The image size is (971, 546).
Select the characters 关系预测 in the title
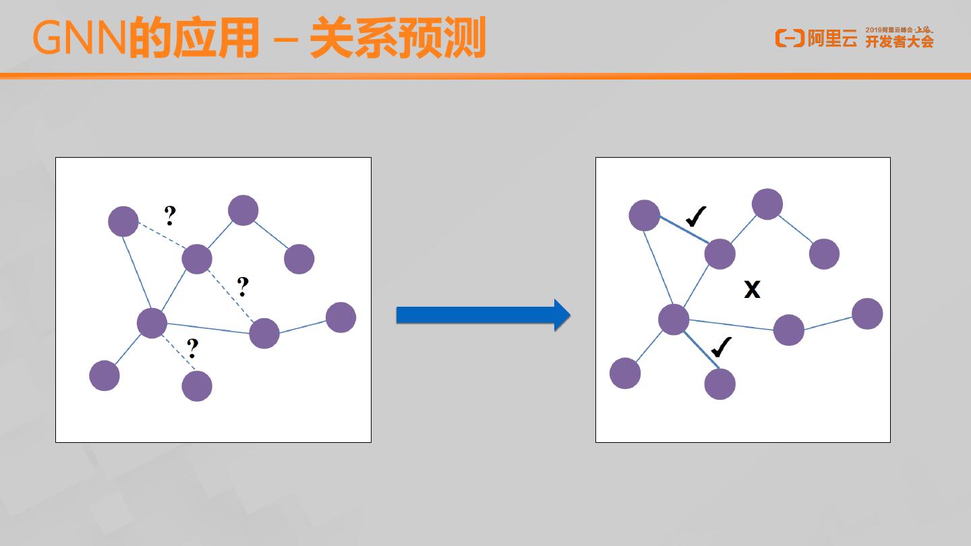pyautogui.click(x=398, y=39)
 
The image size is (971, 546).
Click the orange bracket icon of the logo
pyautogui.click(x=790, y=38)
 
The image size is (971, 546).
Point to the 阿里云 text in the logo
pyautogui.click(x=833, y=39)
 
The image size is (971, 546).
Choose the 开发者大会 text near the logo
pyautogui.click(x=900, y=42)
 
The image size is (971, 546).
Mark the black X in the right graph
pyautogui.click(x=752, y=290)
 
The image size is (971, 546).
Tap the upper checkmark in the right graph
pyautogui.click(x=695, y=216)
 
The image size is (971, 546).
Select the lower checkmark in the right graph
pyautogui.click(x=721, y=347)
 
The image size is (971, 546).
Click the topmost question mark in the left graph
pyautogui.click(x=170, y=215)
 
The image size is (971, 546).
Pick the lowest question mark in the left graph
pyautogui.click(x=193, y=348)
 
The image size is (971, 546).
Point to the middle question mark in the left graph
pyautogui.click(x=243, y=287)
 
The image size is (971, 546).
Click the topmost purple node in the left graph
pyautogui.click(x=243, y=210)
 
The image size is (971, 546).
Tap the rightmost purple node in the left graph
pyautogui.click(x=341, y=317)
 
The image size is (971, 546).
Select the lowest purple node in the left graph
pyautogui.click(x=197, y=386)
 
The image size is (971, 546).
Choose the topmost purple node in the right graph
pyautogui.click(x=767, y=204)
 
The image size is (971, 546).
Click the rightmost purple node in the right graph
pyautogui.click(x=867, y=313)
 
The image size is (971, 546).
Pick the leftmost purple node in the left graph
pyautogui.click(x=105, y=375)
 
